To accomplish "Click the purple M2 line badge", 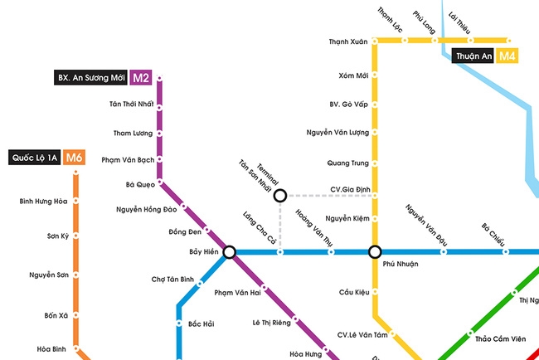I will point(141,78).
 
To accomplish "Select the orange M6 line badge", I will point(75,157).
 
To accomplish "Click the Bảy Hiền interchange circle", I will point(229,251).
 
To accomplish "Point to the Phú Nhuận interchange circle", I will point(375,251).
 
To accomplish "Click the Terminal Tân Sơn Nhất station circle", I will point(280,196).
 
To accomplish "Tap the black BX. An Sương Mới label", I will point(90,78).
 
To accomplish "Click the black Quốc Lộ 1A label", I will point(34,157).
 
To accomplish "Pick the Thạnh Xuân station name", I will point(348,41).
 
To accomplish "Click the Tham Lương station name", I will point(134,133).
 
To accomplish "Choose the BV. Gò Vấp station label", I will point(348,104).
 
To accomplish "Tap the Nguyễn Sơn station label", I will point(48,275).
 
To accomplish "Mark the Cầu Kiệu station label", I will point(353,292).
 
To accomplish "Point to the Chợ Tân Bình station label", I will point(172,280).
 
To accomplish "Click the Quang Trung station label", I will point(348,163).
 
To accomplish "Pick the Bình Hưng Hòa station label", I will point(43,201).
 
